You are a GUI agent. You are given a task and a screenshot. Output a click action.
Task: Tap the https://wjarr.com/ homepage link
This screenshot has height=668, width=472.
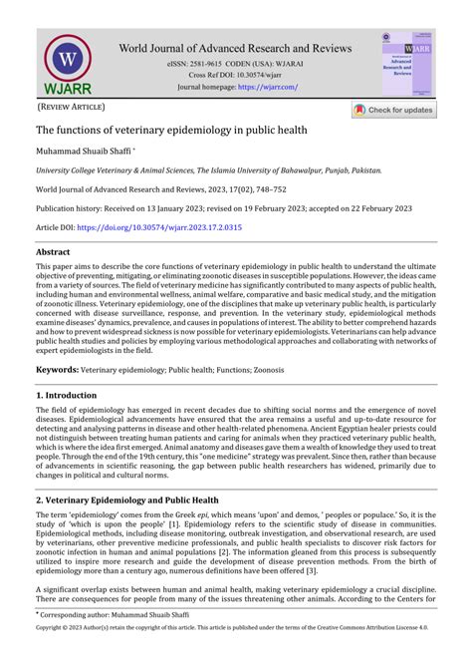(x=267, y=87)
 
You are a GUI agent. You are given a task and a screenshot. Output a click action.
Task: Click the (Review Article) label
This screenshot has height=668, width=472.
(x=71, y=106)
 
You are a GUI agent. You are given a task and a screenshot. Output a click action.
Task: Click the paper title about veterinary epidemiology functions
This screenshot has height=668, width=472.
(x=172, y=130)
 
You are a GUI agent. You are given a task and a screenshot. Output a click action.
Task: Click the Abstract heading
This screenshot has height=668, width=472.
(x=53, y=253)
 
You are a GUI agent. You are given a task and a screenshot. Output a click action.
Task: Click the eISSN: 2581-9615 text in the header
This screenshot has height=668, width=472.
(x=208, y=64)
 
